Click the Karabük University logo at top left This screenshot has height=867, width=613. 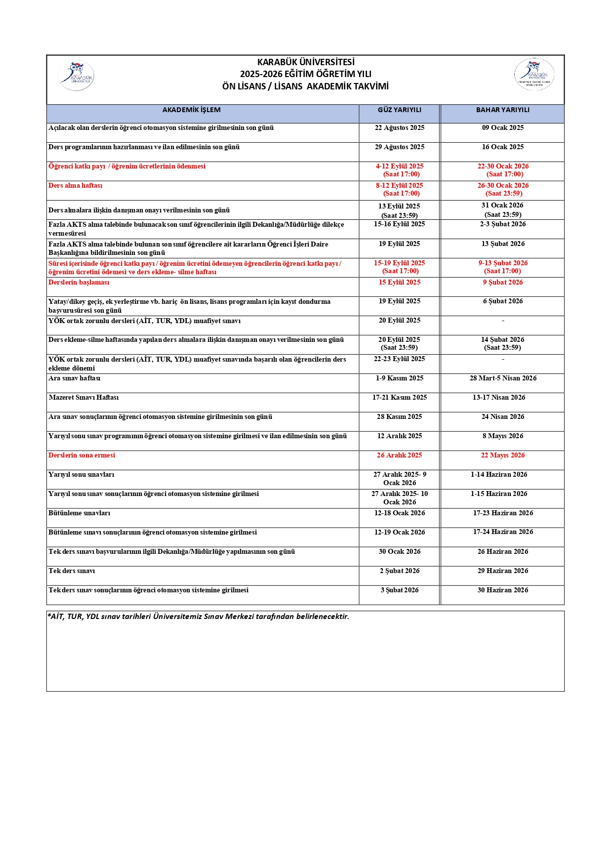coord(76,76)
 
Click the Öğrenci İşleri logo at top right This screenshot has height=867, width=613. coord(534,75)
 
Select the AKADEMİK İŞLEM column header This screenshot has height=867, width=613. coord(191,110)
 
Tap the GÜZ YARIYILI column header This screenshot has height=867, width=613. coord(399,110)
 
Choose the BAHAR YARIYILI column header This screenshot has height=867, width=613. coord(502,110)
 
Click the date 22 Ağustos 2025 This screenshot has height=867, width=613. coord(399,128)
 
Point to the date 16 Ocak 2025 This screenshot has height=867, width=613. coord(502,147)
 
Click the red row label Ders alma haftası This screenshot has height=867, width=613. coord(76,186)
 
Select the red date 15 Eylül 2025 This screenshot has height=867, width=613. coord(399,283)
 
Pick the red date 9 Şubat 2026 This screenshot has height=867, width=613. coord(502,283)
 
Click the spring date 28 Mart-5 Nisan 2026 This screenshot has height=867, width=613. coord(502,378)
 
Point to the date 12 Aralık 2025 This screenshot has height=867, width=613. coord(399,436)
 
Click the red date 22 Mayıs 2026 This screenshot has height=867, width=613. coord(502,455)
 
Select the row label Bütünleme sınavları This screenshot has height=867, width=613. coord(80,513)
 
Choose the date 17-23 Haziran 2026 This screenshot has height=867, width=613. coord(502,513)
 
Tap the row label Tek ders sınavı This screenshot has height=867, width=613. coord(72,571)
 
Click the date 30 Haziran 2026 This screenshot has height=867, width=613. coord(502,590)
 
